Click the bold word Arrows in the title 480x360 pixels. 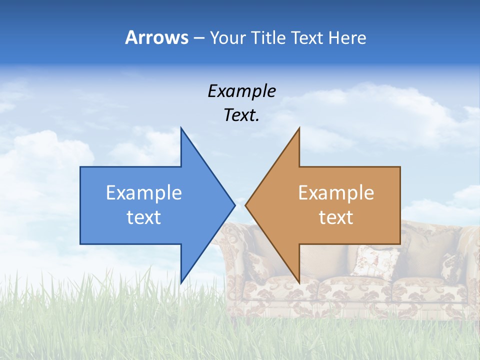point(156,37)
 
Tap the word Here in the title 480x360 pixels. point(347,37)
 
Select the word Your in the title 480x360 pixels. point(226,37)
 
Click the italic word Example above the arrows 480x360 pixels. point(241,91)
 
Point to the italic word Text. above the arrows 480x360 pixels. point(241,115)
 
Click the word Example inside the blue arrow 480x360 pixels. point(144,192)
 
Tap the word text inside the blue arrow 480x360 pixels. point(144,217)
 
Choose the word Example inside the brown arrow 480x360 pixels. point(336,192)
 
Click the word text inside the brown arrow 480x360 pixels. point(336,217)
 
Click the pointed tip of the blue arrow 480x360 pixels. point(234,205)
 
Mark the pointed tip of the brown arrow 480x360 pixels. point(246,205)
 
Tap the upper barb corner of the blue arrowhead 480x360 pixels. point(181,128)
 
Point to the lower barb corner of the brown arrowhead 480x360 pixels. point(299,282)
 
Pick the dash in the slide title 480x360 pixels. point(198,38)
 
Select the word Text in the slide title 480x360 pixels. point(307,37)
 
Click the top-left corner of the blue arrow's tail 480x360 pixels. point(81,167)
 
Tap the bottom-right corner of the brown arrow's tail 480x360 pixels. point(399,243)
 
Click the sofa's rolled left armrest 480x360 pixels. point(235,250)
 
